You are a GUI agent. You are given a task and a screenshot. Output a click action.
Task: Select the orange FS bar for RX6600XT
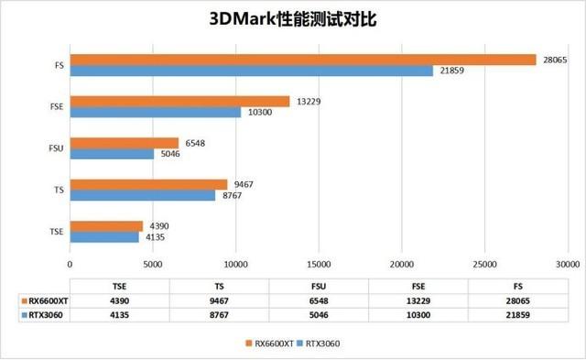pyautogui.click(x=302, y=60)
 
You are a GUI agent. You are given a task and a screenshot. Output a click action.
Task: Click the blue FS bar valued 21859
pyautogui.click(x=251, y=71)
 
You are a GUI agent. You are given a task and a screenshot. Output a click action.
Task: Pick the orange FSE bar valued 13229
pyautogui.click(x=179, y=102)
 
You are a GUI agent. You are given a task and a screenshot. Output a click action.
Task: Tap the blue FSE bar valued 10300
pyautogui.click(x=156, y=113)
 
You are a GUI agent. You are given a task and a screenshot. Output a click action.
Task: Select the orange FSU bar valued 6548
pyautogui.click(x=125, y=143)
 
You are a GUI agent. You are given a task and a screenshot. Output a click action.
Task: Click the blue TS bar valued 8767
pyautogui.click(x=143, y=195)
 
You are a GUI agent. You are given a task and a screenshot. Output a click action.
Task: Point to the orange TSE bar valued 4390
pyautogui.click(x=106, y=225)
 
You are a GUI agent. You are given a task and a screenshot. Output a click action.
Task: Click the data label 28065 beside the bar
pyautogui.click(x=553, y=60)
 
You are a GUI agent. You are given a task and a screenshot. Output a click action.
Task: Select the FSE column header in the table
pyautogui.click(x=418, y=285)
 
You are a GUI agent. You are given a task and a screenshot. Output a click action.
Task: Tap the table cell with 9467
pyautogui.click(x=219, y=300)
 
